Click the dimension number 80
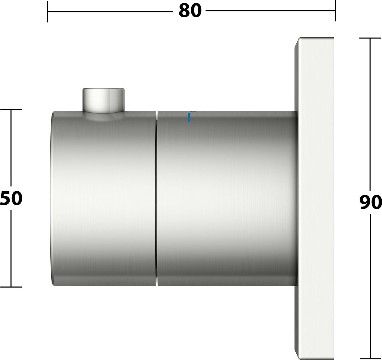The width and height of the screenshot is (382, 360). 190,11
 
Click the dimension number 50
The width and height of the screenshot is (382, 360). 11,198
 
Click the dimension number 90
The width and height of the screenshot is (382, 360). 371,202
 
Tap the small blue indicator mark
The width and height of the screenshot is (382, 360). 189,117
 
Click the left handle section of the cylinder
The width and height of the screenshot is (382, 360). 103,198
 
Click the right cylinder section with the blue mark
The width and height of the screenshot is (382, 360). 227,198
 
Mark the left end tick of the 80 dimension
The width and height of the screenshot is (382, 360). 47,11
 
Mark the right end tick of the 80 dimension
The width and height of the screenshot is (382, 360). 336,11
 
